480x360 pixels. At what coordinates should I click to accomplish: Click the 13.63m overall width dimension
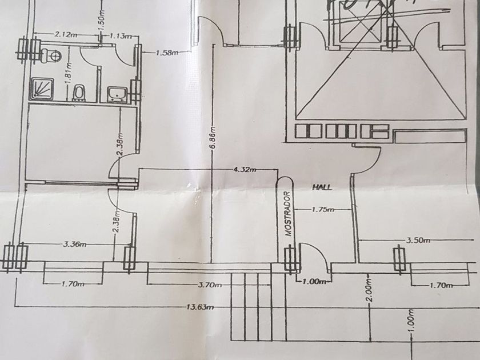(200, 307)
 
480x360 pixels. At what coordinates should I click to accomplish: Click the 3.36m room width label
(74, 245)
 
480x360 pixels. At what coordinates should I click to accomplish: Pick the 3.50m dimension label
(417, 241)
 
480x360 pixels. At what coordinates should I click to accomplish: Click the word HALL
(322, 187)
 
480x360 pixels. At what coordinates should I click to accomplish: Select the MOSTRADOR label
(289, 214)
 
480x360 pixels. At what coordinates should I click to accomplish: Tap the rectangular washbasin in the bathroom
(118, 93)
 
